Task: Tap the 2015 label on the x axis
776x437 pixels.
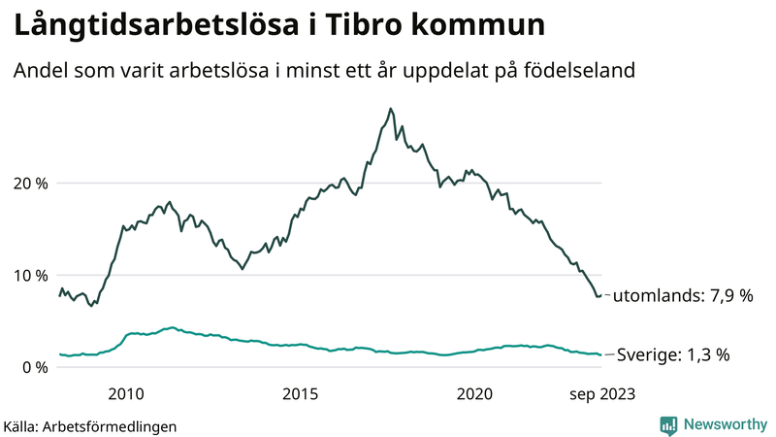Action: click(301, 393)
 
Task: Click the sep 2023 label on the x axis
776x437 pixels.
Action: click(600, 393)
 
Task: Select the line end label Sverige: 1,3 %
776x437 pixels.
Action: click(674, 355)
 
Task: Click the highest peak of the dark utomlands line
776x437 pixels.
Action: click(390, 109)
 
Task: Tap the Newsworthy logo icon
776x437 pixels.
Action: click(669, 424)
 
